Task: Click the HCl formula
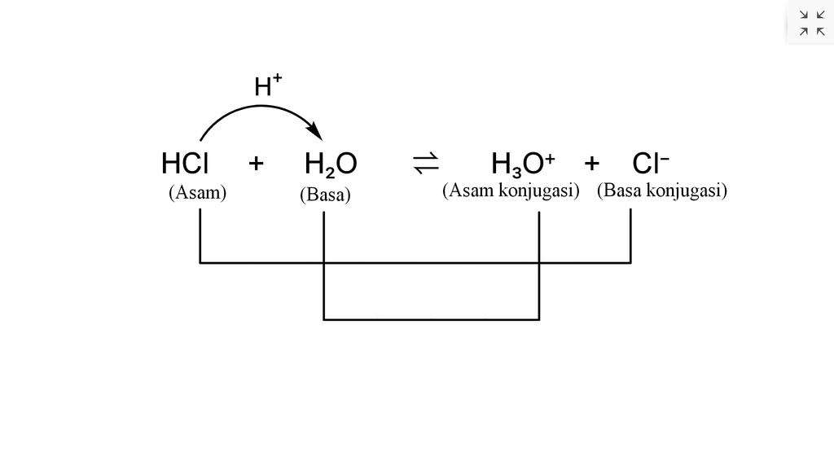185,164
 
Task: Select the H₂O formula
331,165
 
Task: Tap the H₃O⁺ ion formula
522,164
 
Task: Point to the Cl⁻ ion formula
650,164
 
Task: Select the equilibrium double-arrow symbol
426,164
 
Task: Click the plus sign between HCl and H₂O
257,164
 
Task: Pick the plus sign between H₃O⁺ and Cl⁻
592,164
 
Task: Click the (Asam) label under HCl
197,193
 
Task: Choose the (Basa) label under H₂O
325,195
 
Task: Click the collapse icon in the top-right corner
811,23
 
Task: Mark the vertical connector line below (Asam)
200,236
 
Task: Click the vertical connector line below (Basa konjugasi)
630,236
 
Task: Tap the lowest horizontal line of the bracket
432,319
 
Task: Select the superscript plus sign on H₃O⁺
550,158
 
